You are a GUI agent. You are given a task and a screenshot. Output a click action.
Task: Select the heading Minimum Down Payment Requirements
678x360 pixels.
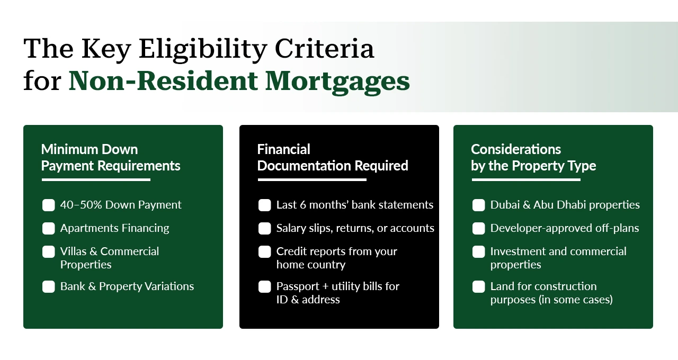point(111,158)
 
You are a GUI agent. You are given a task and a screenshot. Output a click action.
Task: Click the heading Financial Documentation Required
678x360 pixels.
point(333,158)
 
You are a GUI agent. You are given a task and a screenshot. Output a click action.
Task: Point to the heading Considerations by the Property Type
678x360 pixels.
point(533,158)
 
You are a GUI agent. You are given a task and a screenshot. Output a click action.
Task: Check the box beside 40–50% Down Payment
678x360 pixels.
point(49,205)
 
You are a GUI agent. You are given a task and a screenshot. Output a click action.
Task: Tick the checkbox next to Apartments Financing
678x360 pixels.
point(49,228)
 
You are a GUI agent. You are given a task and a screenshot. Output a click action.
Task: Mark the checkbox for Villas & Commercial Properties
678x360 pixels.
point(49,251)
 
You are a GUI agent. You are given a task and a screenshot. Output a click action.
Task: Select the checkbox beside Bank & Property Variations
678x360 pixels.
point(49,286)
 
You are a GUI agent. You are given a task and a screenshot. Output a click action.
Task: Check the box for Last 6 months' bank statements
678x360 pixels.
point(265,205)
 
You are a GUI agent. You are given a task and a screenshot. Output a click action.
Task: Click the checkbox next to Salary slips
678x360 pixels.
point(265,228)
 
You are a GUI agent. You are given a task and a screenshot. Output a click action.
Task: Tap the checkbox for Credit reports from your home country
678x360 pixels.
point(265,251)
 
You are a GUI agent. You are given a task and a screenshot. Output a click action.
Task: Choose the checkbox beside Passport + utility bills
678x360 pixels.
point(265,286)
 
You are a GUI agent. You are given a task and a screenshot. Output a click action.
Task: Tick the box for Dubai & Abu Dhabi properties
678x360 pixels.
point(479,205)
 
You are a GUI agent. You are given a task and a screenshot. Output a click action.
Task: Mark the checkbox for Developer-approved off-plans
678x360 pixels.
point(479,228)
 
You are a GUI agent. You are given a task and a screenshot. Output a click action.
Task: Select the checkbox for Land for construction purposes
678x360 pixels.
point(479,286)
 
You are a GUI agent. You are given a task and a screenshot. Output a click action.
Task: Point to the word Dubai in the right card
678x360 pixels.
point(504,205)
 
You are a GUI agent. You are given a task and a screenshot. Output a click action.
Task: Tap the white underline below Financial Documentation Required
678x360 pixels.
point(312,180)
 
